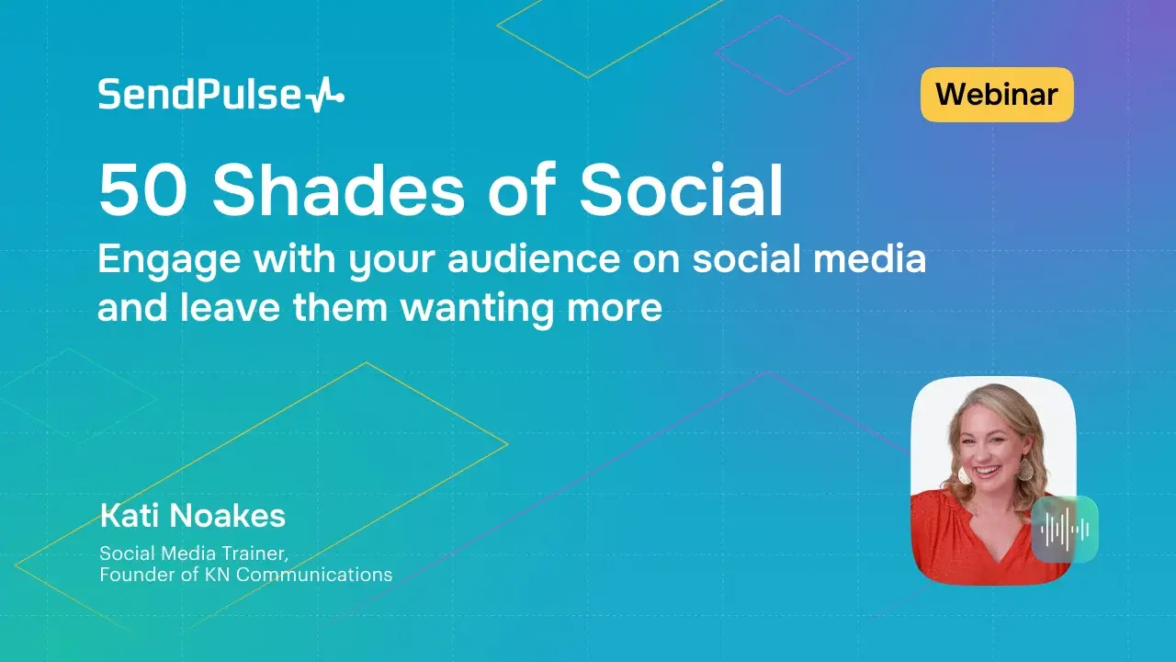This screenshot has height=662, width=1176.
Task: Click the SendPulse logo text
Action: point(199,95)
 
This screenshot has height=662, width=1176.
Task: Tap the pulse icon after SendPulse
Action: point(324,96)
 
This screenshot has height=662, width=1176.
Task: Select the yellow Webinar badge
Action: point(997,94)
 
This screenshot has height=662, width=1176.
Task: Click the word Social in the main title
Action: point(681,191)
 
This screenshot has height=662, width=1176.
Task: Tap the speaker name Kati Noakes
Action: point(192,516)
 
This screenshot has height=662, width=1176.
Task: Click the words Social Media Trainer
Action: point(198,554)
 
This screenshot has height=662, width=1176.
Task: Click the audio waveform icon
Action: point(1065,529)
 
